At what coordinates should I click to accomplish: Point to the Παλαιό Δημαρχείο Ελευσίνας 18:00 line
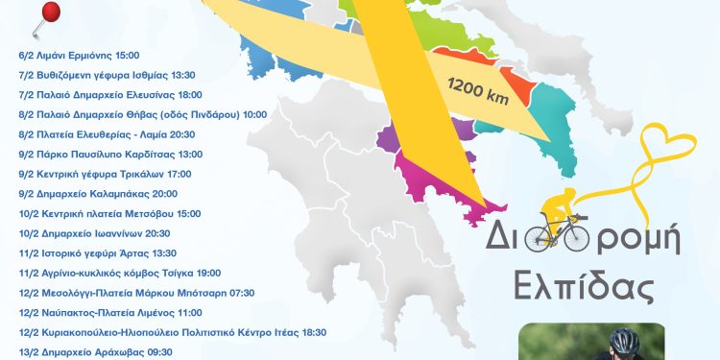pos(108,94)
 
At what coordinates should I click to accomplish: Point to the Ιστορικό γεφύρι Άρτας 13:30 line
pos(98,253)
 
